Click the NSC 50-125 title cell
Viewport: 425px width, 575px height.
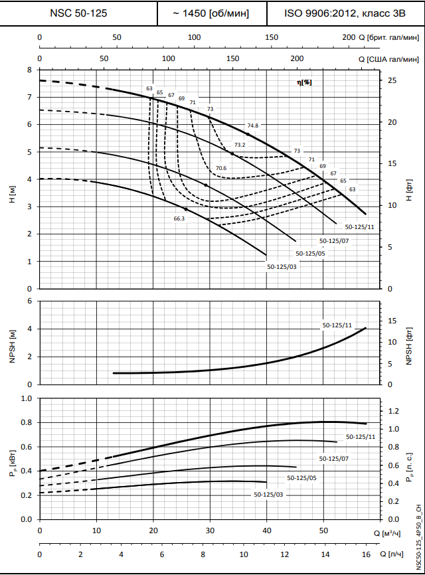[78, 13]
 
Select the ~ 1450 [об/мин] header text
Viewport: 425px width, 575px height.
[211, 13]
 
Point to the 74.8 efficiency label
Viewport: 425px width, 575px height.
[252, 125]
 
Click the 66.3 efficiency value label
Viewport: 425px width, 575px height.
[179, 218]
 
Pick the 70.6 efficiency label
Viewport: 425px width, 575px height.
[221, 168]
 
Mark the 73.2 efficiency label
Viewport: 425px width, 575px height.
[240, 145]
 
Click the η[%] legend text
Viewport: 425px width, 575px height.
[304, 82]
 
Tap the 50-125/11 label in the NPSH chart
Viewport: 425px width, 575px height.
[337, 325]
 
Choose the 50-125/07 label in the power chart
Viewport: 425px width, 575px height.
[333, 458]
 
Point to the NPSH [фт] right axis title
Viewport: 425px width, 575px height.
[409, 343]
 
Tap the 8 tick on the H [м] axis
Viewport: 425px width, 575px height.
[29, 70]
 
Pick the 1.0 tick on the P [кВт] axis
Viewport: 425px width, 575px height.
[27, 398]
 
